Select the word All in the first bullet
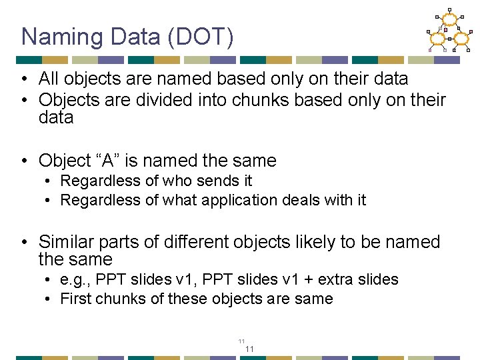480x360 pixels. click(x=49, y=79)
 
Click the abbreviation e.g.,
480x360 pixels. click(x=75, y=279)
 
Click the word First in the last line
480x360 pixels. click(x=75, y=299)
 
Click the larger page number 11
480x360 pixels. click(x=250, y=349)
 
